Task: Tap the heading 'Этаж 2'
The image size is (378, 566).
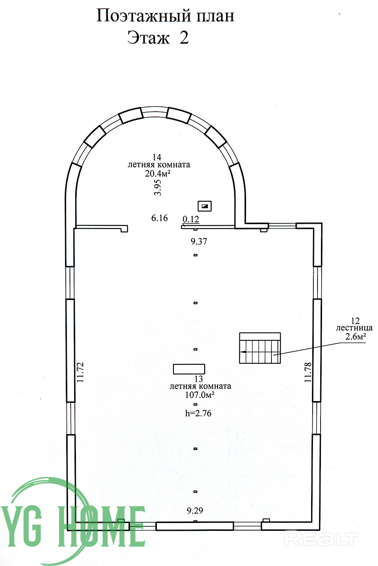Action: (x=158, y=38)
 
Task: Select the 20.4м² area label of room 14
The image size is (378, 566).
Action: (x=157, y=174)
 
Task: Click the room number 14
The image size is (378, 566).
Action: (x=157, y=157)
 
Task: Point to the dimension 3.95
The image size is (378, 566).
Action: (x=158, y=188)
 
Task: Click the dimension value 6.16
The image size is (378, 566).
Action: (x=160, y=218)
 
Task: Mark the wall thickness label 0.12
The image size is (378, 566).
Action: (x=191, y=219)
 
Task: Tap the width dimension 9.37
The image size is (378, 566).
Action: (x=199, y=241)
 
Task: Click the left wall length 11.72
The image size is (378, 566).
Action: (x=80, y=372)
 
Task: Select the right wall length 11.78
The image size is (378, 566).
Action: (x=308, y=372)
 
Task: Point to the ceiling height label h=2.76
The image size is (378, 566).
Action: (x=198, y=414)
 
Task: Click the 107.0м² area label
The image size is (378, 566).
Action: (x=200, y=395)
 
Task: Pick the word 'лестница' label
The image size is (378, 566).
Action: (x=354, y=328)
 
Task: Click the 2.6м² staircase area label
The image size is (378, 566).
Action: (x=356, y=336)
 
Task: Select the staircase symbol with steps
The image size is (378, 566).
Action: (x=260, y=348)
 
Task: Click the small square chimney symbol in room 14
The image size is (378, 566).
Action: (x=204, y=206)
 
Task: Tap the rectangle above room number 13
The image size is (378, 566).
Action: (x=189, y=369)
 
